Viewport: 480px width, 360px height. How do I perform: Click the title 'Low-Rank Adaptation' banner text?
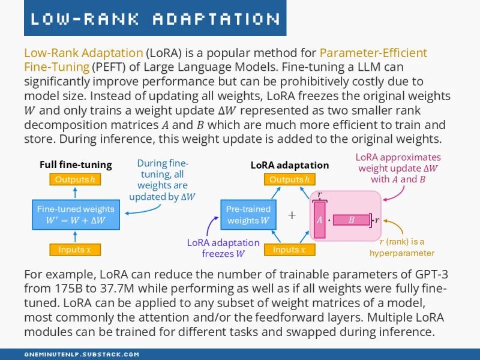155,19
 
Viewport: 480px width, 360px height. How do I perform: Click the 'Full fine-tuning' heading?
76,164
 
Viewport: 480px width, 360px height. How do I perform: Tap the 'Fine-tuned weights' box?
76,214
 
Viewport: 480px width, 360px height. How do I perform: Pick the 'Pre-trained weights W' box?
248,214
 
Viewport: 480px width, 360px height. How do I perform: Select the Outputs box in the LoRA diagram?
289,179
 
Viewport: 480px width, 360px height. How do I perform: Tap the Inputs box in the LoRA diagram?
289,250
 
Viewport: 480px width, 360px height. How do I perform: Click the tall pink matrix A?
319,220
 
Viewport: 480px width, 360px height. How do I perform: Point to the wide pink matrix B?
352,220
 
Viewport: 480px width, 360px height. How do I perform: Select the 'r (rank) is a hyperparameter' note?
401,247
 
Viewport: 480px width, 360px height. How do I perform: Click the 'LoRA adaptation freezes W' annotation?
223,248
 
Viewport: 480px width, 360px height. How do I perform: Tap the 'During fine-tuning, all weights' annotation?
163,179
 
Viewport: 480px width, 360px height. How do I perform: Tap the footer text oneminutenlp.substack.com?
82,355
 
